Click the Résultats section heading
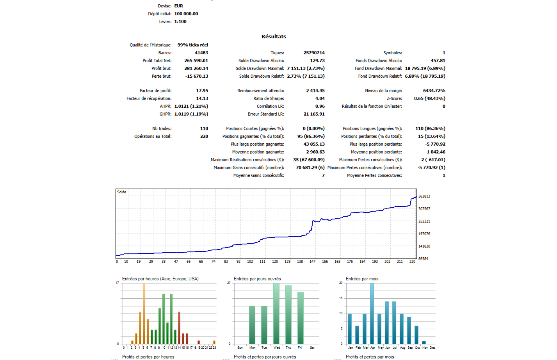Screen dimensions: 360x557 [x=274, y=36]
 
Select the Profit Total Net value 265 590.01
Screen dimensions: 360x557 [x=196, y=61]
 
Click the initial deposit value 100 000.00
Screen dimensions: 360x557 [x=186, y=14]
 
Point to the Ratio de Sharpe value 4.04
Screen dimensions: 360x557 [x=320, y=98]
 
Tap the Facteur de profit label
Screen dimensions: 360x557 [x=155, y=91]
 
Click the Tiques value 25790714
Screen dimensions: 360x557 [x=314, y=53]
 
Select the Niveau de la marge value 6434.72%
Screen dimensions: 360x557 [x=434, y=91]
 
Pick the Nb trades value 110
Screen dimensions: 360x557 [x=204, y=128]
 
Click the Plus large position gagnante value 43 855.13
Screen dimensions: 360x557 [x=314, y=144]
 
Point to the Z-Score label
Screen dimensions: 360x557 [x=394, y=98]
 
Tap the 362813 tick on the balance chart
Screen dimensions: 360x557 [x=424, y=196]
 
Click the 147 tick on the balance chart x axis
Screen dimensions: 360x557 [x=312, y=262]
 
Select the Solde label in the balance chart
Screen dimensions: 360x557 [x=122, y=192]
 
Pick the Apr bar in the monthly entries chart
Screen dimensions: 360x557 [x=372, y=314]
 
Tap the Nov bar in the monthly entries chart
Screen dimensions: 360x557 [x=424, y=342]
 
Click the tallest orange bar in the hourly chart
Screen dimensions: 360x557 [x=144, y=314]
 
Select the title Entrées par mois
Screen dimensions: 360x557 [x=362, y=279]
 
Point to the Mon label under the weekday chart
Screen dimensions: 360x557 [x=252, y=348]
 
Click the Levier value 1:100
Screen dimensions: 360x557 [x=180, y=21]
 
